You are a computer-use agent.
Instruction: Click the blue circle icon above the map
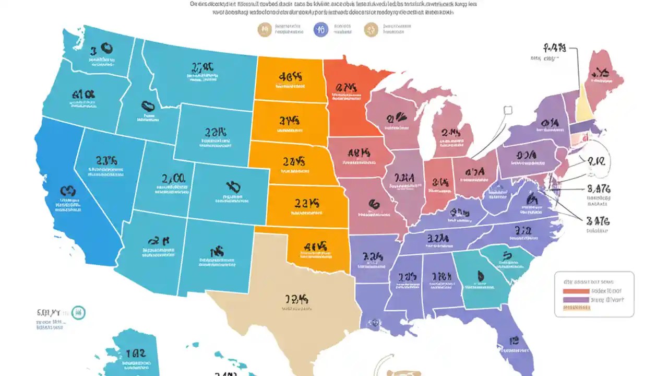click(x=321, y=30)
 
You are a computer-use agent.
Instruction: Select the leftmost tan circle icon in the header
click(x=265, y=30)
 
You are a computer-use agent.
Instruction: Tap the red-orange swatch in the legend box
click(x=575, y=291)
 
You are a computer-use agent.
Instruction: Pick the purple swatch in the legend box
click(x=575, y=300)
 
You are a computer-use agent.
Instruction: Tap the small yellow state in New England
click(x=584, y=104)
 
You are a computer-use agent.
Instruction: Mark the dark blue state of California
click(x=73, y=209)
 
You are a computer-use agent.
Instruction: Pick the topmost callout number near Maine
click(x=554, y=49)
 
